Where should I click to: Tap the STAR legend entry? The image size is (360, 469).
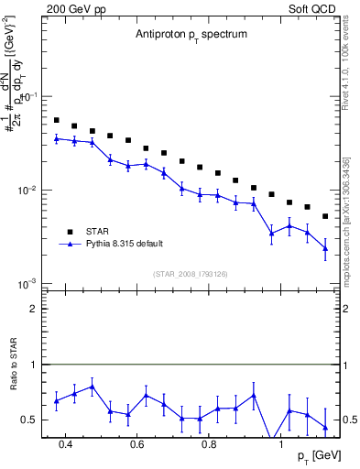click(x=99, y=231)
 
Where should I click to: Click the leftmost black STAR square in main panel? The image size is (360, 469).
click(x=56, y=120)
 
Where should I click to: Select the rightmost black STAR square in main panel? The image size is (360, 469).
click(x=325, y=216)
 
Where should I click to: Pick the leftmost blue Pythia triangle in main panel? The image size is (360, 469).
click(x=56, y=138)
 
